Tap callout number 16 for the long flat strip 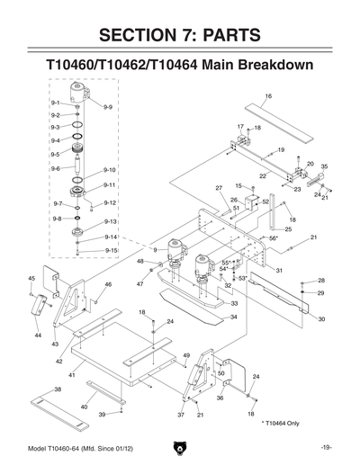[268, 95]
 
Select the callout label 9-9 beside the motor [107, 107]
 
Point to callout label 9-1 [56, 104]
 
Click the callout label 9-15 [112, 250]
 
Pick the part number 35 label [324, 166]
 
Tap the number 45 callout [31, 278]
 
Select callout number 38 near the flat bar [58, 389]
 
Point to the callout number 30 [321, 319]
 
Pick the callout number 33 [233, 305]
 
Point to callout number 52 [265, 202]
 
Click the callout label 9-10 [110, 170]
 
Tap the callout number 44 [38, 335]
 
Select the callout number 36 [220, 398]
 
